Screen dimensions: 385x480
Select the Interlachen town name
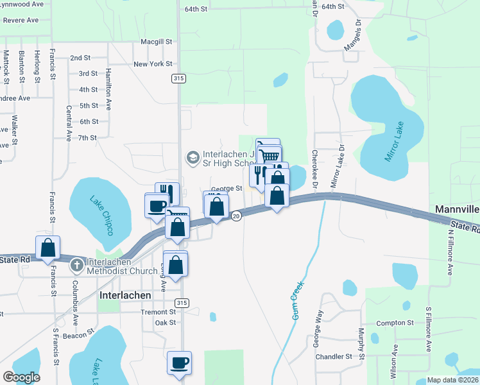(x=126, y=295)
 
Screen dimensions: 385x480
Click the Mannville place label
(x=457, y=209)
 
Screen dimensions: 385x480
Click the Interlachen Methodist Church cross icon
(x=76, y=264)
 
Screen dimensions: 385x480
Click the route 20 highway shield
(x=236, y=216)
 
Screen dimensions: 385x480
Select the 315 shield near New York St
(x=179, y=78)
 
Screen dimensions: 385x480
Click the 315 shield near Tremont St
(x=182, y=303)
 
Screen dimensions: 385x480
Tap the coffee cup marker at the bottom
(x=179, y=362)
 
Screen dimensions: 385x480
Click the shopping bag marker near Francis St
(x=47, y=247)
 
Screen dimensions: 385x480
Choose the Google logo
(x=21, y=377)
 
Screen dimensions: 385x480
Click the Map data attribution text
(x=452, y=380)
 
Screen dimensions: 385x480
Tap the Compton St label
(x=395, y=323)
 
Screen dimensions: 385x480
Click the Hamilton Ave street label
(x=109, y=87)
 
